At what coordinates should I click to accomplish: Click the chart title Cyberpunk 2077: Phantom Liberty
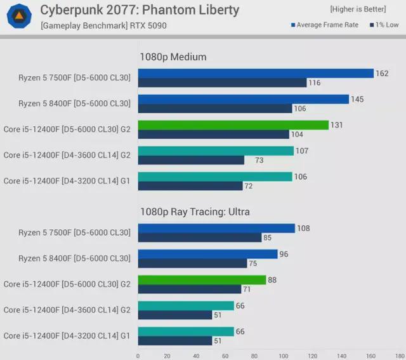coord(140,10)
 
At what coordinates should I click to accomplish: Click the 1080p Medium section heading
coord(173,57)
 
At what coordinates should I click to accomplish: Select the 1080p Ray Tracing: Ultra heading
coord(195,211)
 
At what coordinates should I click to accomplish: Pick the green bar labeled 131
coord(233,125)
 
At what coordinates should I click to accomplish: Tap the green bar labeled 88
coord(202,280)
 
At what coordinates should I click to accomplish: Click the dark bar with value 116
coord(222,83)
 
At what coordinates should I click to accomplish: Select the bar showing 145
coord(243,99)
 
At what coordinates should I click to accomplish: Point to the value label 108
coord(303,228)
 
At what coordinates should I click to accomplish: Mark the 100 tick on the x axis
coord(283,356)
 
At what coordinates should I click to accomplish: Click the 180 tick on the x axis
coord(399,356)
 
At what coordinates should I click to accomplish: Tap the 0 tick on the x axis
coord(138,356)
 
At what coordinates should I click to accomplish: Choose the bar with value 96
coord(207,254)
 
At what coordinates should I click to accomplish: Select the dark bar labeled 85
coord(199,237)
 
